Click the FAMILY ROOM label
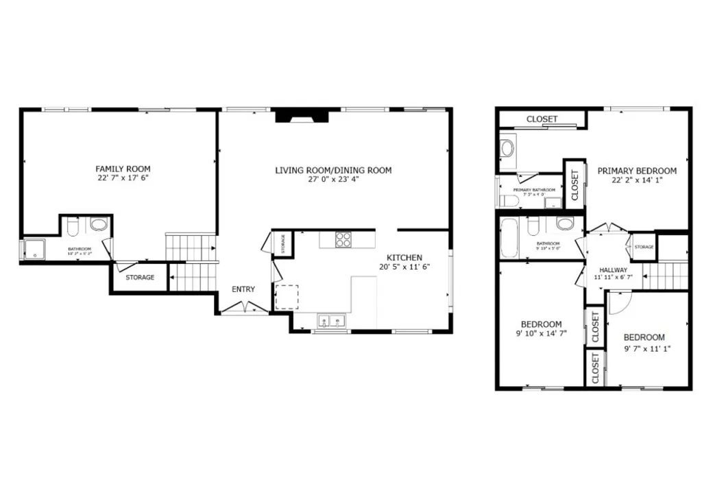point(123,169)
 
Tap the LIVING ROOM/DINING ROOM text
point(333,170)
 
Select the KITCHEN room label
point(404,257)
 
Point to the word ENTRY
point(243,289)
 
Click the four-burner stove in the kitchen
point(343,239)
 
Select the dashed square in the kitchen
point(287,298)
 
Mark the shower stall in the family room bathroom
point(34,250)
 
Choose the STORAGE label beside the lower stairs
point(139,278)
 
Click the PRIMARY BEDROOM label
point(636,171)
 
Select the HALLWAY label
point(612,270)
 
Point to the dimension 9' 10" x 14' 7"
point(541,334)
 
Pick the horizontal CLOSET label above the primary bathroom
point(542,119)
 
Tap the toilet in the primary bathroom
point(508,200)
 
